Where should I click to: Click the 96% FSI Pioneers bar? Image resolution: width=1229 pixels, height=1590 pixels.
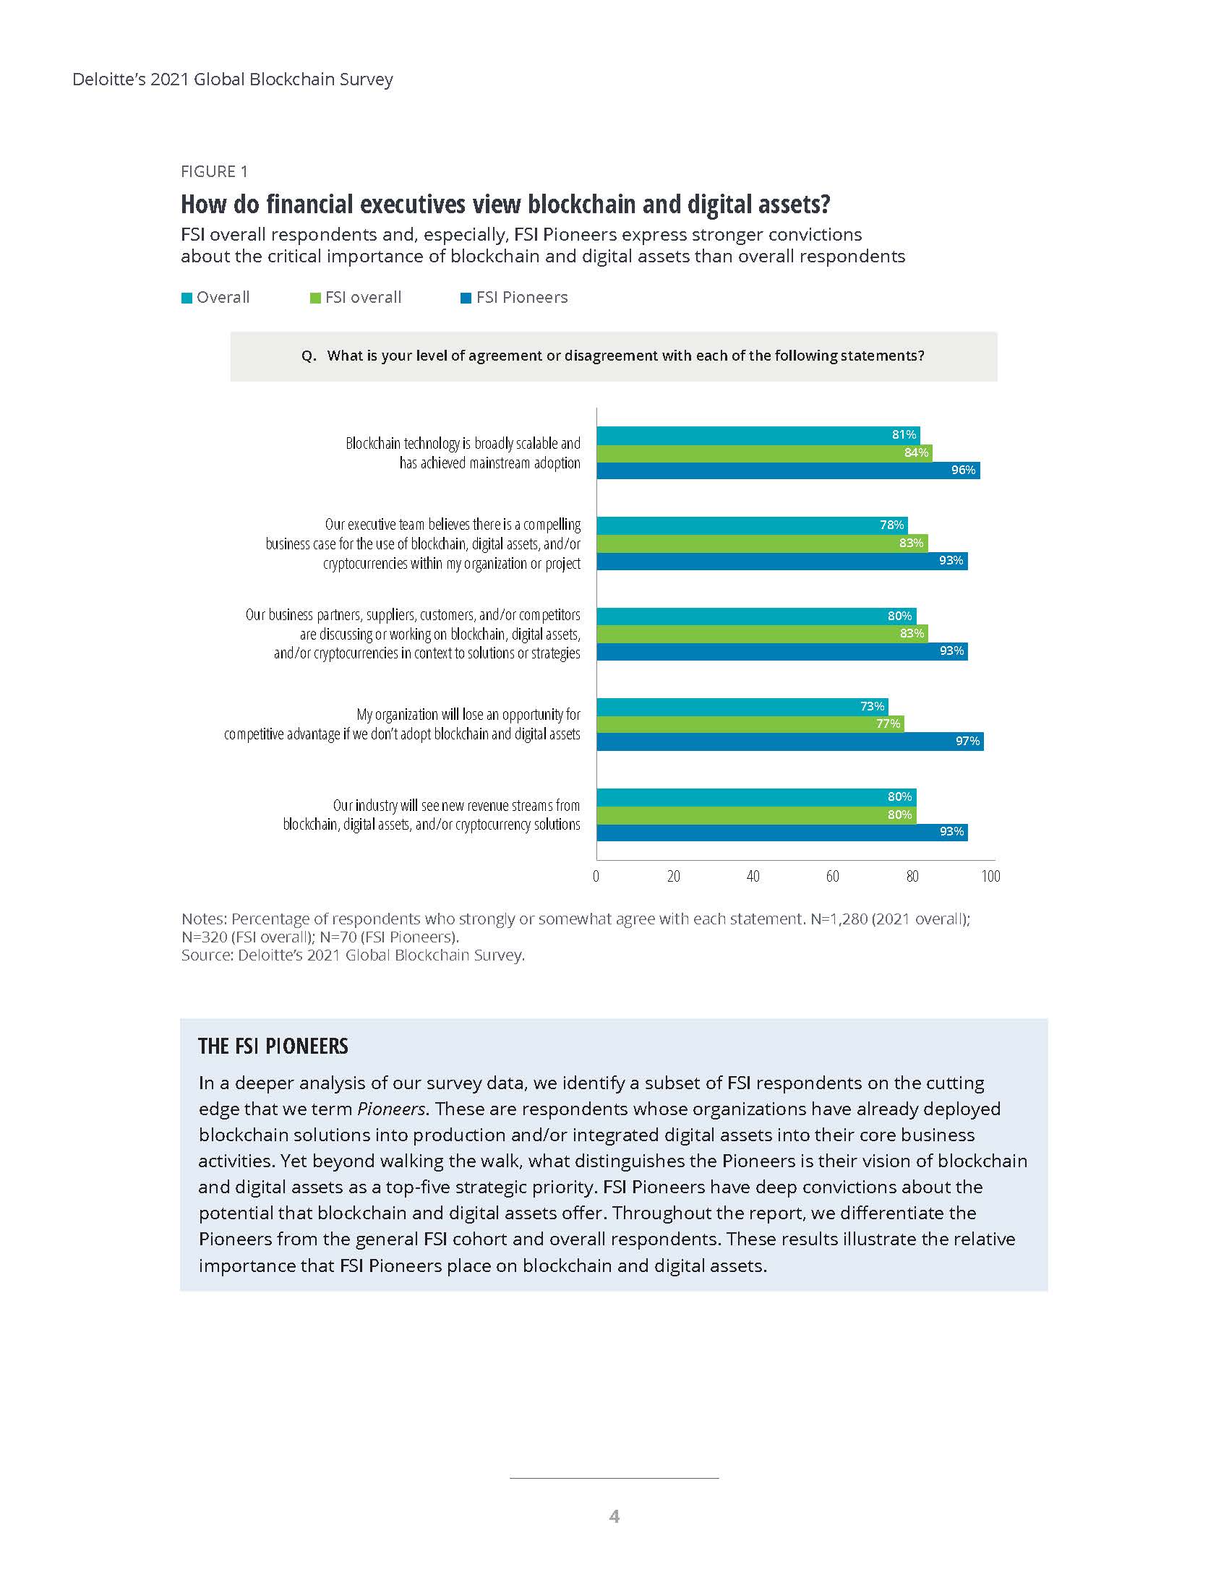[788, 470]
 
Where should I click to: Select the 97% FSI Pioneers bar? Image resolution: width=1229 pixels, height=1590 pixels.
[790, 741]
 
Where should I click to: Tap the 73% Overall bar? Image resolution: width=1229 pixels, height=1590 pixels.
[742, 706]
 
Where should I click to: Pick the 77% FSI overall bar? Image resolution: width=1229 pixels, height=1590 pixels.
[750, 723]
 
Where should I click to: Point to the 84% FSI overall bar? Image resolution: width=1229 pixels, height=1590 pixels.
[764, 453]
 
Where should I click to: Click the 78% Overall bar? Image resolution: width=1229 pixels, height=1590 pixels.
[752, 525]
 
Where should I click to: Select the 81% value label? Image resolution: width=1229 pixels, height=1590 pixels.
[904, 434]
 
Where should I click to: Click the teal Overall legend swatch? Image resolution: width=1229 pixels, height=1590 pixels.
[187, 298]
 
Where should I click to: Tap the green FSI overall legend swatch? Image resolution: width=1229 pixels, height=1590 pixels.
[315, 298]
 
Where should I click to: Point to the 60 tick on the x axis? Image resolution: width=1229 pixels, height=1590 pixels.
[832, 876]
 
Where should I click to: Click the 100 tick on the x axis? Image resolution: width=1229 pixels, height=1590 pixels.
[990, 876]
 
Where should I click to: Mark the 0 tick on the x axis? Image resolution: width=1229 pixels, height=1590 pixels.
[596, 876]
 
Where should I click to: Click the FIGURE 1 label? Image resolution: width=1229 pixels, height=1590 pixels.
[214, 172]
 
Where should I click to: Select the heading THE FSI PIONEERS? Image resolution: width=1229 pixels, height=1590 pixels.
[273, 1047]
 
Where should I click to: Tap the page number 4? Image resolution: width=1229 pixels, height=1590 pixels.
[614, 1516]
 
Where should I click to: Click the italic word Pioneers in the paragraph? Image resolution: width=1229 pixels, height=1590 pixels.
[391, 1109]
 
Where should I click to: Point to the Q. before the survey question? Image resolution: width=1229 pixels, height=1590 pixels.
[309, 356]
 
